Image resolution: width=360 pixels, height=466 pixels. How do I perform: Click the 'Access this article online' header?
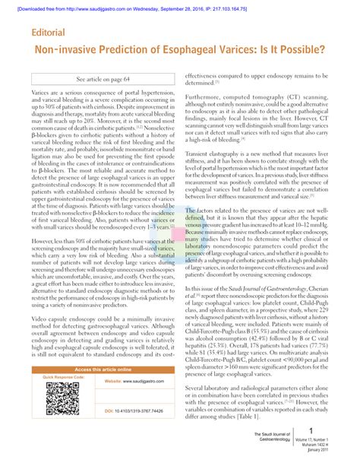click(103, 368)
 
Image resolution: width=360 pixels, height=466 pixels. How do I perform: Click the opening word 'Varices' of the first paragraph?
click(40, 90)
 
